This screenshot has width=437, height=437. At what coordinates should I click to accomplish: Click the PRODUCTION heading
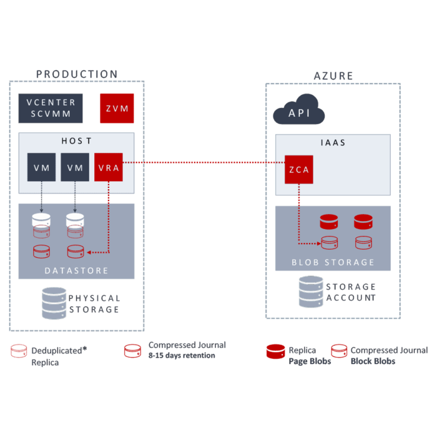pyautogui.click(x=77, y=74)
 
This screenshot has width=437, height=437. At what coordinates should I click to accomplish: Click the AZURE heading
pyautogui.click(x=333, y=76)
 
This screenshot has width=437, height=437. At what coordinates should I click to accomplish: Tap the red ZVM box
pyautogui.click(x=117, y=109)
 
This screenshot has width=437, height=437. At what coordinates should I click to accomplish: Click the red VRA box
pyautogui.click(x=108, y=167)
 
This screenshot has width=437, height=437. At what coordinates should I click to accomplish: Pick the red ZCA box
pyautogui.click(x=298, y=169)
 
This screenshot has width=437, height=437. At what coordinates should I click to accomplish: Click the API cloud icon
pyautogui.click(x=298, y=111)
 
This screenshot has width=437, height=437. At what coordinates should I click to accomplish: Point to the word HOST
pyautogui.click(x=76, y=141)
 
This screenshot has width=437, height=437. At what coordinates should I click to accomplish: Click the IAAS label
pyautogui.click(x=333, y=142)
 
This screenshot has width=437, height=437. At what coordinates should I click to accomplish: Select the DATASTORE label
pyautogui.click(x=76, y=270)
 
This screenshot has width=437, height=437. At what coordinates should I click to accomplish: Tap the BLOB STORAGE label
pyautogui.click(x=333, y=262)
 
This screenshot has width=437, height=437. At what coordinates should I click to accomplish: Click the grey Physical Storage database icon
pyautogui.click(x=54, y=303)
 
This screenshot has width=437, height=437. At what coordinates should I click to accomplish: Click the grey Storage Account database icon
pyautogui.click(x=310, y=292)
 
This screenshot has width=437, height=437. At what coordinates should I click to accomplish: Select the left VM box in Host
pyautogui.click(x=41, y=167)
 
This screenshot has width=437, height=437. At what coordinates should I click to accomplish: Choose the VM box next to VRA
pyautogui.click(x=75, y=167)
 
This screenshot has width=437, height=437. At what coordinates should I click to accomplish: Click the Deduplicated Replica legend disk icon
pyautogui.click(x=19, y=351)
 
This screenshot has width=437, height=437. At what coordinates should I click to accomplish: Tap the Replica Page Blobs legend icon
pyautogui.click(x=275, y=351)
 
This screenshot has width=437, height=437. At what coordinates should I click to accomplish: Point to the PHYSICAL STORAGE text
pyautogui.click(x=94, y=304)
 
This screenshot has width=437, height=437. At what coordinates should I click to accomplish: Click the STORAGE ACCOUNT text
pyautogui.click(x=351, y=292)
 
